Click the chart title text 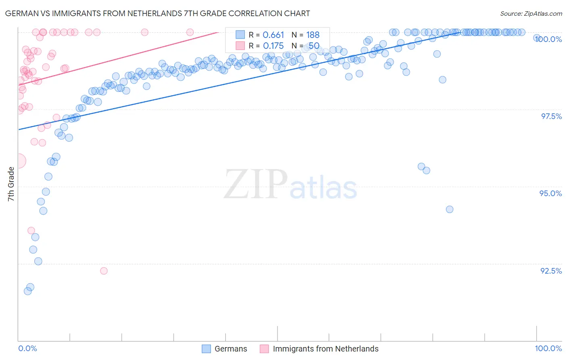(157, 13)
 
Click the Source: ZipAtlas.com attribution (531, 14)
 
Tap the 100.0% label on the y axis (548, 39)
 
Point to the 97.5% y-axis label (551, 116)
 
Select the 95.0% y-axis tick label (550, 193)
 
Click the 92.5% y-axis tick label (551, 271)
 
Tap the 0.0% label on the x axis (27, 348)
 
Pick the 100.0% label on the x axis (548, 348)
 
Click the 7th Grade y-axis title (11, 184)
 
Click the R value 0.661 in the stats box (273, 35)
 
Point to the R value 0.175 (273, 46)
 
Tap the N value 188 (313, 35)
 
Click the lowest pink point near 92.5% (104, 271)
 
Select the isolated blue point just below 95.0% (450, 209)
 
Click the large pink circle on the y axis (19, 161)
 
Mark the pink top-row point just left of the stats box (190, 32)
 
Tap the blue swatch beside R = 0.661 (240, 35)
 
